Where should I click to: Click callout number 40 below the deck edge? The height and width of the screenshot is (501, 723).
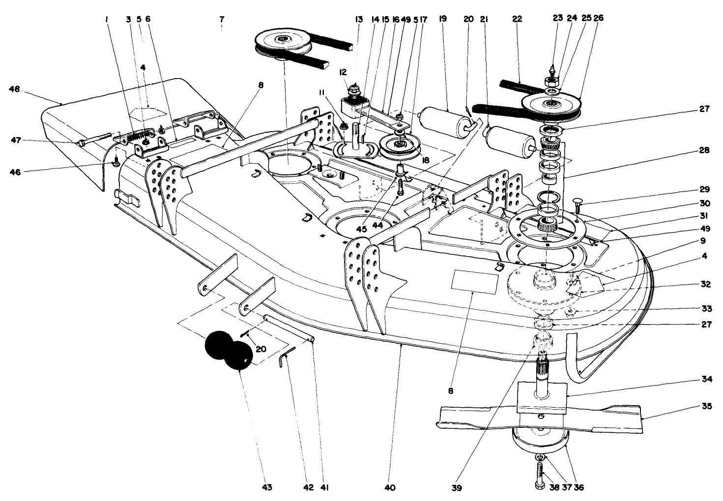click(x=390, y=488)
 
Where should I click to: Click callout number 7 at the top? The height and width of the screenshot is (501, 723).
click(x=222, y=19)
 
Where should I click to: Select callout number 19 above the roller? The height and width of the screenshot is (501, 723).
click(x=442, y=19)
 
